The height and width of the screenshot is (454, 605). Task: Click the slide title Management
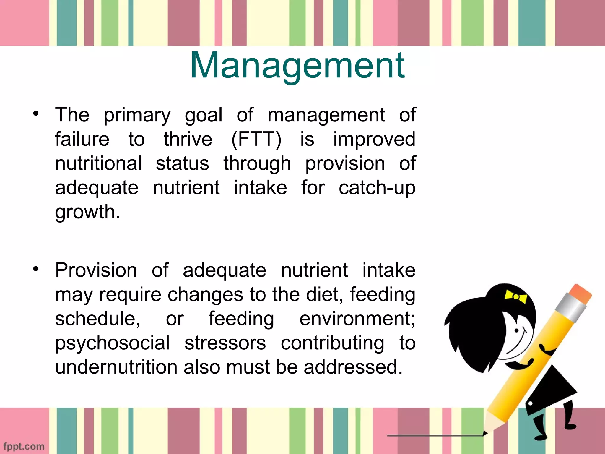(x=297, y=66)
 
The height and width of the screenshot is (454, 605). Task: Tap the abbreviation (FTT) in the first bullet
(x=256, y=139)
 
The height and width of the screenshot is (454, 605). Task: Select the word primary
(x=137, y=115)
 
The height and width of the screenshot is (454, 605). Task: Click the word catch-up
(x=377, y=188)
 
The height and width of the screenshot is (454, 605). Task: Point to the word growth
(x=87, y=212)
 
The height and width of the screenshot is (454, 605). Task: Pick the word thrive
(x=188, y=139)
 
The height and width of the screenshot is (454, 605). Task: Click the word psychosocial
(x=112, y=343)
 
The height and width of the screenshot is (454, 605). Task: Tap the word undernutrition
(x=116, y=367)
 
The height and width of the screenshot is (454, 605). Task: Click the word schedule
(x=97, y=319)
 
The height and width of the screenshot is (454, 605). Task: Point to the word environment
(x=357, y=319)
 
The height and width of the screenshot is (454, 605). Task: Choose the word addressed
(x=353, y=367)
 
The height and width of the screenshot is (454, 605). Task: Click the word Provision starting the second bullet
(x=96, y=270)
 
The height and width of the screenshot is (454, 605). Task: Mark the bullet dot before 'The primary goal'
(x=36, y=113)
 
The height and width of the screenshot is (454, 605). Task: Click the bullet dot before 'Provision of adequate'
(x=36, y=269)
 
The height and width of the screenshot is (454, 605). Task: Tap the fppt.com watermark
(x=24, y=446)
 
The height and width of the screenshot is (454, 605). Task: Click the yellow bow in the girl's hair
(x=516, y=296)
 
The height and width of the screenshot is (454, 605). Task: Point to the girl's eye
(x=517, y=330)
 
